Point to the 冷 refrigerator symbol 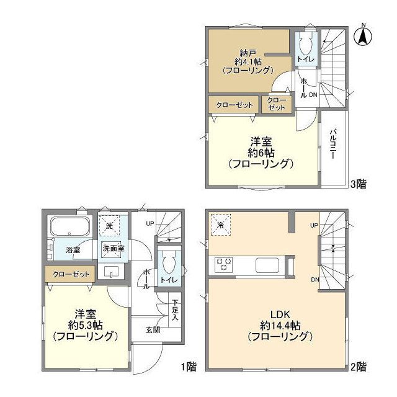[221, 223]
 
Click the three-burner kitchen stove [223, 265]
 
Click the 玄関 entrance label [153, 330]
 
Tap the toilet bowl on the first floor [168, 264]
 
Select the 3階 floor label [358, 184]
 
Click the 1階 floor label [189, 367]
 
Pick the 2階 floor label [358, 367]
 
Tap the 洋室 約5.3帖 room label [85, 324]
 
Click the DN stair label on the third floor [313, 94]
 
